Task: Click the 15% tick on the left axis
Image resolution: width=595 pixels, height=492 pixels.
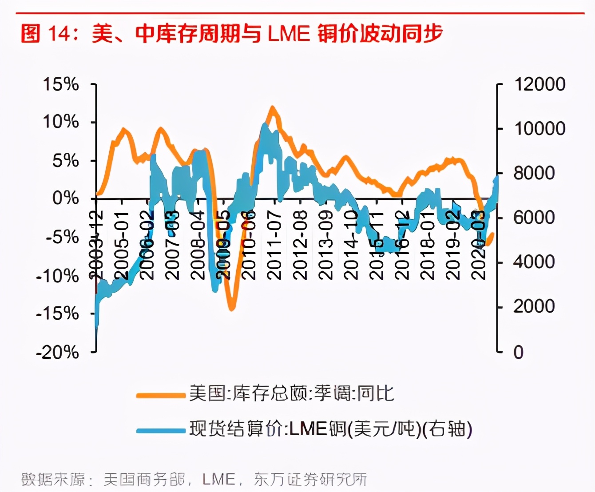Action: coord(61,84)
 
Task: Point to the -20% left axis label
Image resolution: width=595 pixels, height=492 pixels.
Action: coord(57,352)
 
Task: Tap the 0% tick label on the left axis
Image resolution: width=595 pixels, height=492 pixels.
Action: coord(65,198)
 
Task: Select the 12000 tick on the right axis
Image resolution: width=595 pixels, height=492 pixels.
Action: coord(539,84)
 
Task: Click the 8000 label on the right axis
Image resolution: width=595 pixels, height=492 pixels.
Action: coord(534,173)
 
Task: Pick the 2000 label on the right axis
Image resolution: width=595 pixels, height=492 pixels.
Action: coord(534,306)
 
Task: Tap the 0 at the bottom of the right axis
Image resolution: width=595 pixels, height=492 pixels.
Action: coord(518,352)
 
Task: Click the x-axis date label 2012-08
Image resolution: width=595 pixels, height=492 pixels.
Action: coord(301,245)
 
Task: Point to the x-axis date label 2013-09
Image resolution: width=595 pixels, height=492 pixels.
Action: coord(326,245)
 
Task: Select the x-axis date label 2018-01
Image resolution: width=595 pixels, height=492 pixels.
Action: coord(428,245)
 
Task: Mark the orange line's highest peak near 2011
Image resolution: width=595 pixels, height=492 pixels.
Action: coord(272,107)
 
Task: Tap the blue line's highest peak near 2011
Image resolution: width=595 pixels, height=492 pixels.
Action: coord(265,125)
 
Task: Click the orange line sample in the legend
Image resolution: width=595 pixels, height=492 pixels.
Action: coord(160,395)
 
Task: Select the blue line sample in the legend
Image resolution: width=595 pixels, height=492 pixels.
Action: coord(160,430)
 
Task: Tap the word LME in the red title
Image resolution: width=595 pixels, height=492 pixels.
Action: coord(289,34)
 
